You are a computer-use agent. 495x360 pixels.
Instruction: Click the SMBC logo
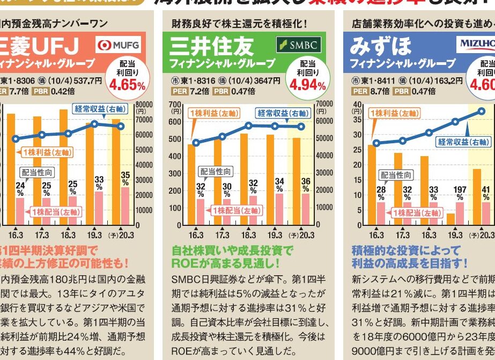[298, 45]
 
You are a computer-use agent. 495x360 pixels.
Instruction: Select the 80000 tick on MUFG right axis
[144, 105]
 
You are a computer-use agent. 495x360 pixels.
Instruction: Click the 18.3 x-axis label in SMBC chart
[248, 235]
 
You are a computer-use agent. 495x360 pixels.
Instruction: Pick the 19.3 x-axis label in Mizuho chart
[455, 235]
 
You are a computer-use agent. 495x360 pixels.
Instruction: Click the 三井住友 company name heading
[211, 47]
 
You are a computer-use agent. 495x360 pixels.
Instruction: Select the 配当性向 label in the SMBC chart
[216, 172]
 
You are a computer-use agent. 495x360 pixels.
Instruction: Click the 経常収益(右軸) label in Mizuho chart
[463, 142]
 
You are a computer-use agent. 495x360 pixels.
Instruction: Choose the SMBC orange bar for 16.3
[191, 182]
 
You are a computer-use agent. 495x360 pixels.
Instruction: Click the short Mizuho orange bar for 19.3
[450, 219]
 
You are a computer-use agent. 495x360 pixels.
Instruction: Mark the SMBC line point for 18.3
[248, 126]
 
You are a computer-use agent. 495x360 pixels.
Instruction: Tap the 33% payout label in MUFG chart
[99, 183]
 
